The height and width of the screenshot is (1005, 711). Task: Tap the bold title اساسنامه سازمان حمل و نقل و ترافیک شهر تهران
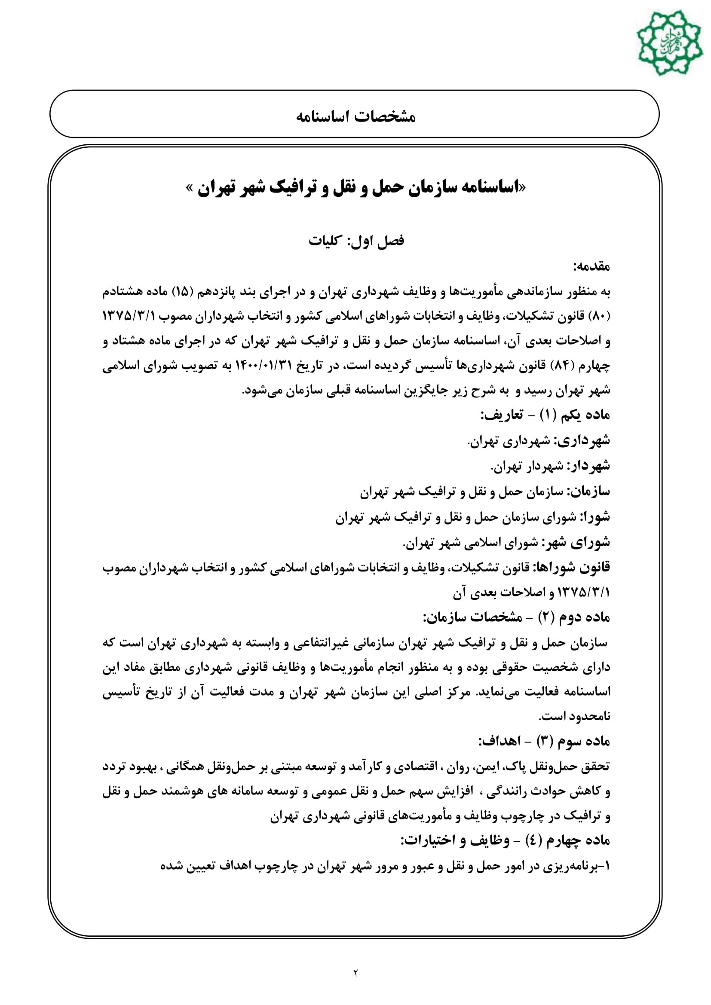[x=355, y=188]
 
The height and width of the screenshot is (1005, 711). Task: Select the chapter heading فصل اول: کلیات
[x=355, y=240]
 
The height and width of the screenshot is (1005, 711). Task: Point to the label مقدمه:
[x=591, y=266]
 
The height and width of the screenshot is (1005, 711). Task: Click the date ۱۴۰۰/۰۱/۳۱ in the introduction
[x=267, y=366]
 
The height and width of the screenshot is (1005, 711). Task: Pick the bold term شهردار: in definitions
[x=588, y=466]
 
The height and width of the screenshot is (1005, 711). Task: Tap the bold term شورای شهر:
[x=576, y=543]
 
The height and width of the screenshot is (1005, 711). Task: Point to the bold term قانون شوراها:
[x=571, y=568]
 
